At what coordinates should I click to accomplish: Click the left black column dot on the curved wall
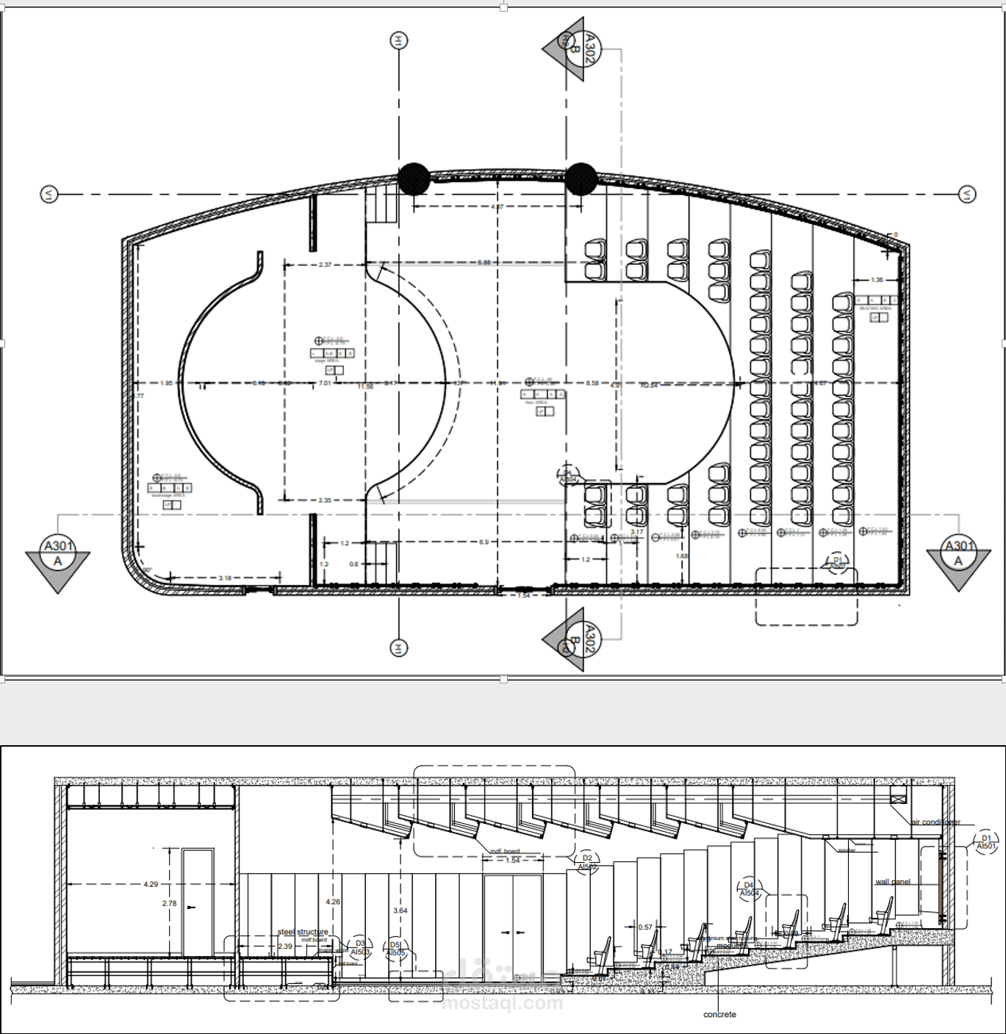[414, 179]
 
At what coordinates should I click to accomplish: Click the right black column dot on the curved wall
[581, 179]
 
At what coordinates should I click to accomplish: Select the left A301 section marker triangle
[58, 562]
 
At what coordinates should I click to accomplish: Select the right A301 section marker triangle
[958, 562]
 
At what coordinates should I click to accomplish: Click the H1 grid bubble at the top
[398, 41]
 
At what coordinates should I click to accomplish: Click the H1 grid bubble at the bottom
[398, 648]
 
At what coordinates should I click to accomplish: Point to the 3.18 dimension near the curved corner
[225, 578]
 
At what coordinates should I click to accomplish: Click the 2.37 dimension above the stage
[325, 265]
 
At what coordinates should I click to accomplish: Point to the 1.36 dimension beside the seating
[877, 280]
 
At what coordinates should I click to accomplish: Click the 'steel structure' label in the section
[303, 932]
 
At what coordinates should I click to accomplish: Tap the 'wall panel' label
[893, 882]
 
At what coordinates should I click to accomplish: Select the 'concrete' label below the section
[719, 1015]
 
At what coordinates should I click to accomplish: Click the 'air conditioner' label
[935, 822]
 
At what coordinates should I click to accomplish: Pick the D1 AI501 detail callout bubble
[986, 842]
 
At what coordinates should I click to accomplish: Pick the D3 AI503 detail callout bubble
[360, 947]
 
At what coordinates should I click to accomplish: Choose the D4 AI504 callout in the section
[749, 889]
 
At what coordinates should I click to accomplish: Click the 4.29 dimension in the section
[151, 884]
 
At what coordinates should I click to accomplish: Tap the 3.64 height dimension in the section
[400, 911]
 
